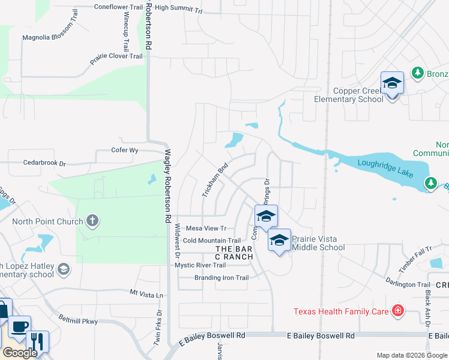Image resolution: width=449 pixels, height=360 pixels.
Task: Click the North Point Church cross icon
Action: pos(92,221)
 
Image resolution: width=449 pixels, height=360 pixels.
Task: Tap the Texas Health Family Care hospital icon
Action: pos(397,310)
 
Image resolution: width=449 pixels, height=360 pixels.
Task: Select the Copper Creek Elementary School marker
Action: pos(392,84)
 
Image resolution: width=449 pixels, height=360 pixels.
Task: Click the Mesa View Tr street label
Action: pos(206,228)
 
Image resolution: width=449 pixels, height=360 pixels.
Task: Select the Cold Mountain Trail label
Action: pos(212,241)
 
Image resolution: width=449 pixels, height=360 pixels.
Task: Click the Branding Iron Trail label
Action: pos(221,278)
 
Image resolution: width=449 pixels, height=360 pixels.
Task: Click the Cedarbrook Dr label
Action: pos(44,163)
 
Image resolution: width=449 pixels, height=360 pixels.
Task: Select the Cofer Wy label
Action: pos(125,150)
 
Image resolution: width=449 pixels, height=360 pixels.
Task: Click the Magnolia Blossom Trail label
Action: pos(50,37)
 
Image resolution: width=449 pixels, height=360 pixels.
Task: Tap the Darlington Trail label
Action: pos(408,284)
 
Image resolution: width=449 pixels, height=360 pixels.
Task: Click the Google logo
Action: pos(20,353)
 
